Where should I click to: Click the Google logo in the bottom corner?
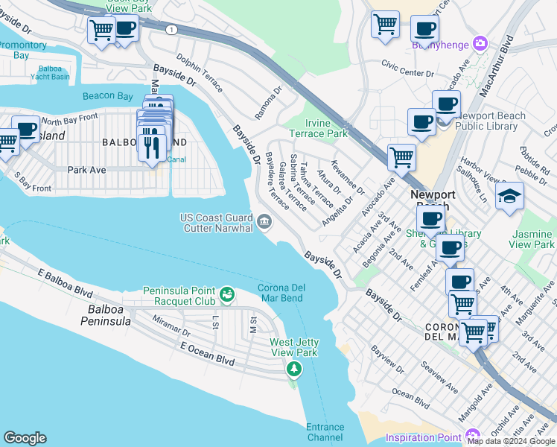click(x=25, y=438)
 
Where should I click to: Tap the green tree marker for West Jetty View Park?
click(x=295, y=369)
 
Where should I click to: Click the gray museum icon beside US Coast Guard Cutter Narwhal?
click(x=264, y=221)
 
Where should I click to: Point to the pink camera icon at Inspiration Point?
click(x=472, y=435)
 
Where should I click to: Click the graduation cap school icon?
click(x=510, y=196)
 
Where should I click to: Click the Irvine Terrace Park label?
click(x=327, y=128)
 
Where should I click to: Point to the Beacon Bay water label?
click(x=108, y=95)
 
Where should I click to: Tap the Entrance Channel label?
click(x=325, y=433)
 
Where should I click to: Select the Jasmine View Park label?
click(x=532, y=239)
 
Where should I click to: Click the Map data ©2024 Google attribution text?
click(x=511, y=441)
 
